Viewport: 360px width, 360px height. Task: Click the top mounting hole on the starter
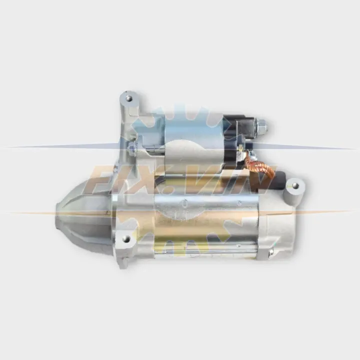(129, 99)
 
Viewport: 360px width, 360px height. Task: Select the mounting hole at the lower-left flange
(125, 239)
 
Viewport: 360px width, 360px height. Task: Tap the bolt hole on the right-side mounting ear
(295, 185)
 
